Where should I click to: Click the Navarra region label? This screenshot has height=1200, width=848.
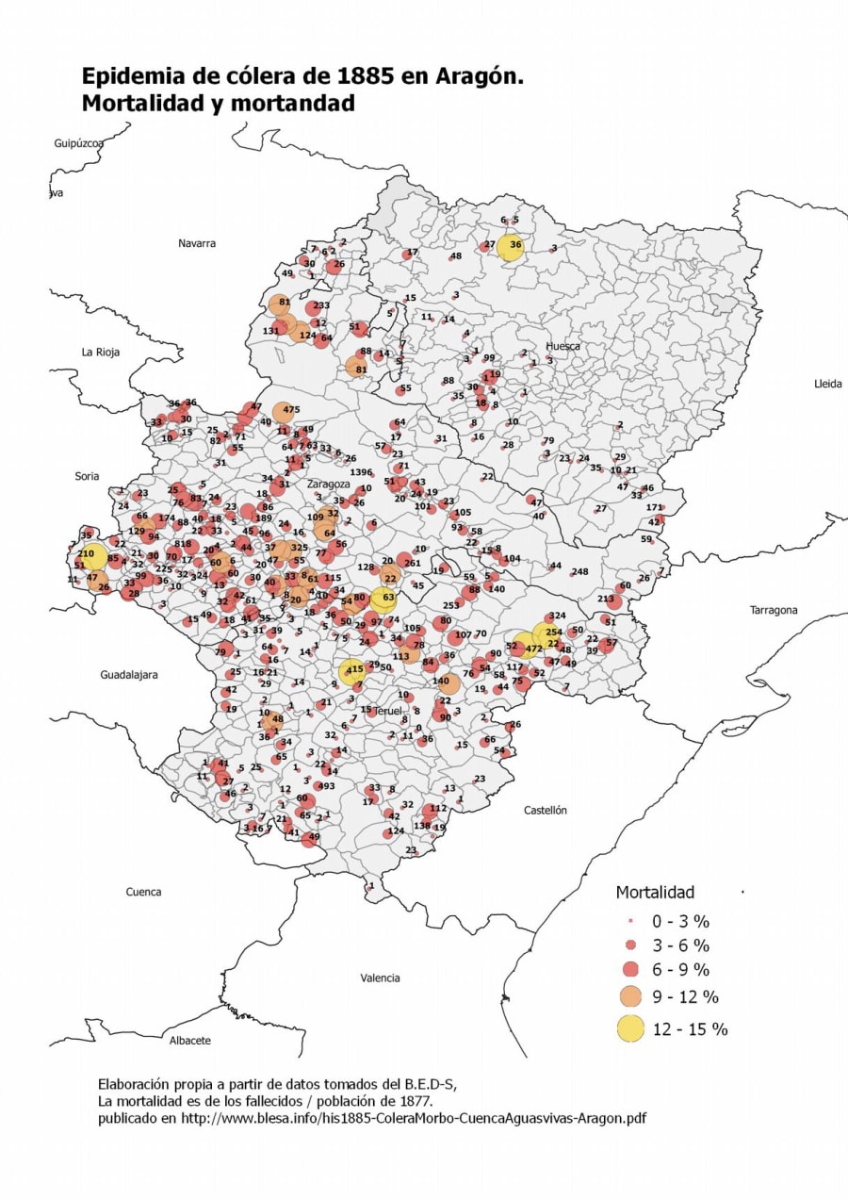point(197,243)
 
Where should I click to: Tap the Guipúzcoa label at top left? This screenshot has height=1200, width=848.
point(78,143)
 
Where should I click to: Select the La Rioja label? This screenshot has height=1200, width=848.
point(101,353)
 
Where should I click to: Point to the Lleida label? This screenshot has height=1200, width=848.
point(829,384)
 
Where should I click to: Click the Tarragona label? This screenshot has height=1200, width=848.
point(774,610)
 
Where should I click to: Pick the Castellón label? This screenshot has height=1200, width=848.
point(546,810)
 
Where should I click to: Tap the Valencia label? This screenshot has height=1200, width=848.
point(380,978)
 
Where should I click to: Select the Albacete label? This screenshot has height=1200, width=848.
point(189,1041)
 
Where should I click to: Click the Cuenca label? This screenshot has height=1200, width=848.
point(143,892)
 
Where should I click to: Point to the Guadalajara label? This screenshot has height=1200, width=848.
point(129,675)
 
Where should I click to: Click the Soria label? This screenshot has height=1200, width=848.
point(87,477)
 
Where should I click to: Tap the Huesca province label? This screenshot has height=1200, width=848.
point(563,346)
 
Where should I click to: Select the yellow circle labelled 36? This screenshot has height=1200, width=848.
point(512,246)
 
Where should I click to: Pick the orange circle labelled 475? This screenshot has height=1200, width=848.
point(285,411)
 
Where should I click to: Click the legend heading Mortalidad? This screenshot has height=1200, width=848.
point(654,892)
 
